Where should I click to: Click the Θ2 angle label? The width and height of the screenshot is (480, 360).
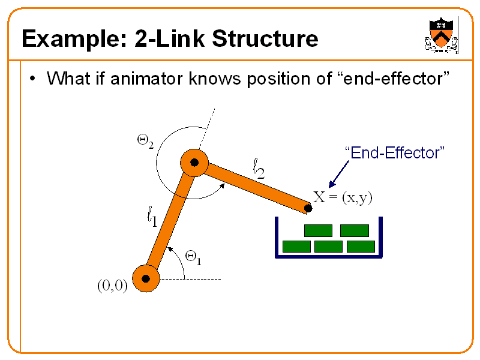click(x=145, y=142)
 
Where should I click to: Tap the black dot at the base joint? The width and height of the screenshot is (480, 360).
click(x=145, y=278)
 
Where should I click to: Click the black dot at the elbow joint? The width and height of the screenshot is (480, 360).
click(x=194, y=162)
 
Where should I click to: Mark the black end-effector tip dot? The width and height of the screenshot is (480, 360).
click(x=308, y=208)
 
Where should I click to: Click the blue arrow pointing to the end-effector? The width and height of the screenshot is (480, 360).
click(x=338, y=176)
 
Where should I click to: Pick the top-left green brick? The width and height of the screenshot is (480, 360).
click(x=318, y=230)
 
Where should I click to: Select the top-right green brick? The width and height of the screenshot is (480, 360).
click(x=354, y=230)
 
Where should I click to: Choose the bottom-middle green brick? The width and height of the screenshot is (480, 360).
click(x=328, y=246)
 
